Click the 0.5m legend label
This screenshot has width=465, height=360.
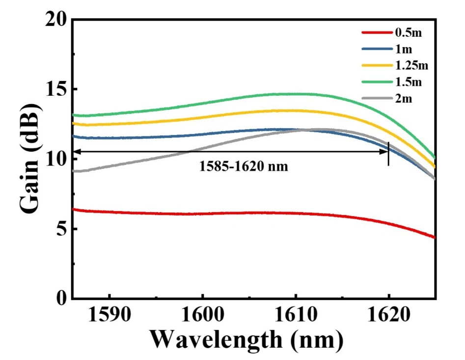pyautogui.click(x=409, y=33)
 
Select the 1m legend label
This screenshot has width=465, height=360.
pyautogui.click(x=403, y=50)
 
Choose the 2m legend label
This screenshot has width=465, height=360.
pyautogui.click(x=403, y=98)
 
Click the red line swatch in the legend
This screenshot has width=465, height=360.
pyautogui.click(x=376, y=33)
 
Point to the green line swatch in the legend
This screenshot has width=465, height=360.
pyautogui.click(x=376, y=82)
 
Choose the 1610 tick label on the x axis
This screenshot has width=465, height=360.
pyautogui.click(x=296, y=315)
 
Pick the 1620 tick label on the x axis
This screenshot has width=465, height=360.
pyautogui.click(x=388, y=315)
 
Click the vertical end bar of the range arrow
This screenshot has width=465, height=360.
pyautogui.click(x=388, y=153)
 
